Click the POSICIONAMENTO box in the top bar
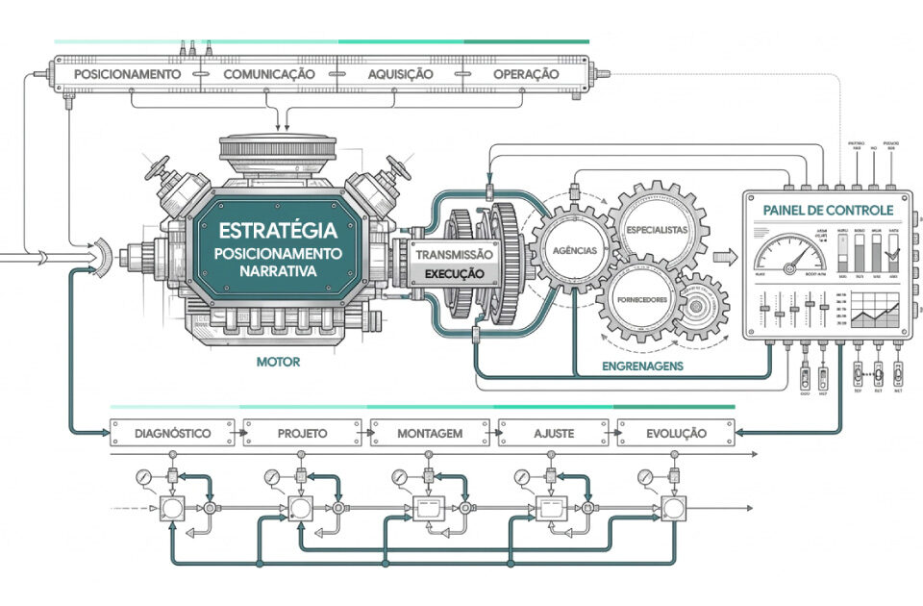click(128, 74)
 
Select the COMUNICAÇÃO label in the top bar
click(269, 74)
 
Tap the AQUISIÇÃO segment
click(401, 74)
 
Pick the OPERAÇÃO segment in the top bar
click(526, 74)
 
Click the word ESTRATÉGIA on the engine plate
click(278, 231)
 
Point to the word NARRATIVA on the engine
click(278, 272)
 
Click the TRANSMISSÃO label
click(454, 255)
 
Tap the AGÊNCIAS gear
click(574, 250)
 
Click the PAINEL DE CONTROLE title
click(827, 210)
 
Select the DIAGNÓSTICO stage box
click(174, 434)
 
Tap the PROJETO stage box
click(302, 434)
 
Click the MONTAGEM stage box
click(430, 434)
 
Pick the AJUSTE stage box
click(554, 434)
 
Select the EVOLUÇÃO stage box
click(676, 434)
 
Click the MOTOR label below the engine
click(278, 363)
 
